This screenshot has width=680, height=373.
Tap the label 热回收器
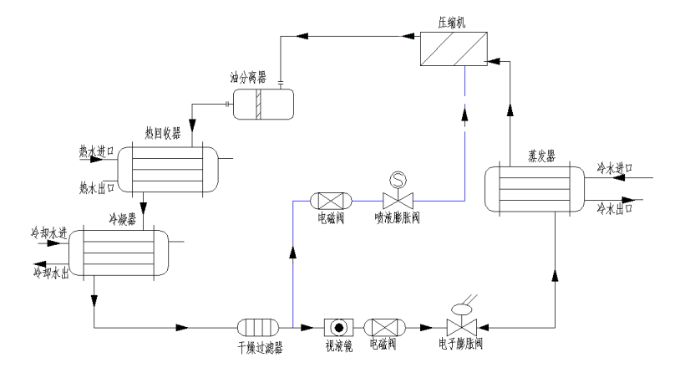tap(163, 133)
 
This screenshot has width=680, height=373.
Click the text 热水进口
tap(94, 151)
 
